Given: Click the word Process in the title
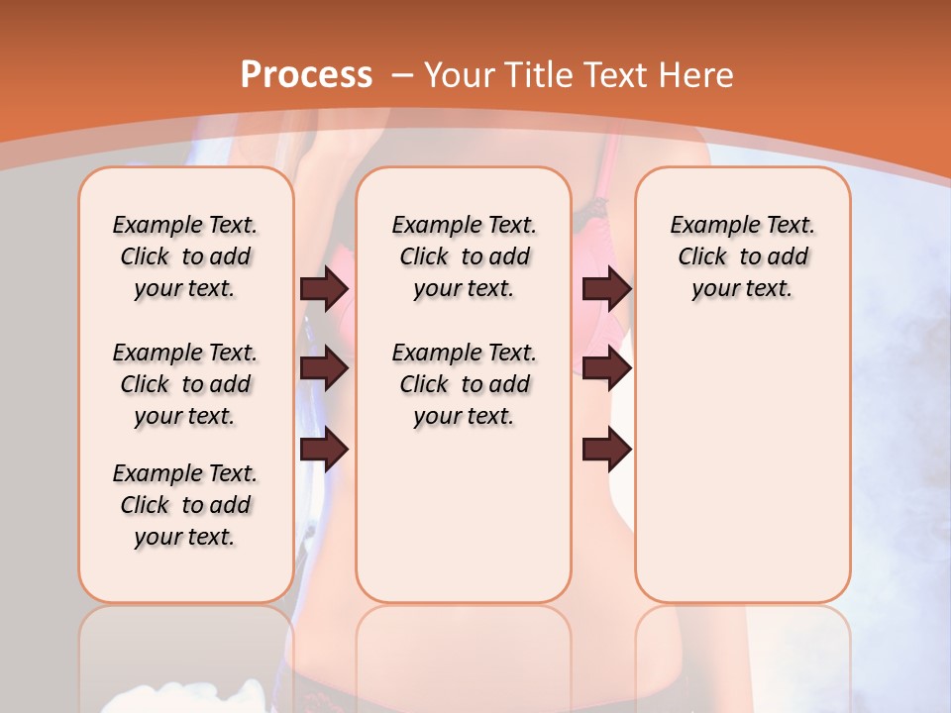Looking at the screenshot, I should tap(307, 74).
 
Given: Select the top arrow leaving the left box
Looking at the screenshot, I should tap(324, 288).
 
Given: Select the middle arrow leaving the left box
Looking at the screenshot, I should tap(324, 368).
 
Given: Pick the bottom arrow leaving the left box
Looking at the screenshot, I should tap(324, 450).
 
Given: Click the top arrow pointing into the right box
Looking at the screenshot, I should tap(606, 288).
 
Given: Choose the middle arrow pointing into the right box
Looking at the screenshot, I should tap(606, 368).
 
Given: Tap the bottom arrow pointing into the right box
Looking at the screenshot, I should tap(606, 450).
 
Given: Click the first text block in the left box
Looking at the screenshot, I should tap(185, 256).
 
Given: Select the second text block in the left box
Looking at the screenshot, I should tap(185, 384).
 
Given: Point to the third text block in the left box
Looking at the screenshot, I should tap(185, 505).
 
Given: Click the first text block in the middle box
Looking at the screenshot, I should tap(465, 256).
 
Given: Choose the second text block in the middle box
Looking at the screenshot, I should tap(465, 384).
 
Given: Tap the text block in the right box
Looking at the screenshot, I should tap(743, 256).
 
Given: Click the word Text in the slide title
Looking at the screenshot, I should tap(618, 75).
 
